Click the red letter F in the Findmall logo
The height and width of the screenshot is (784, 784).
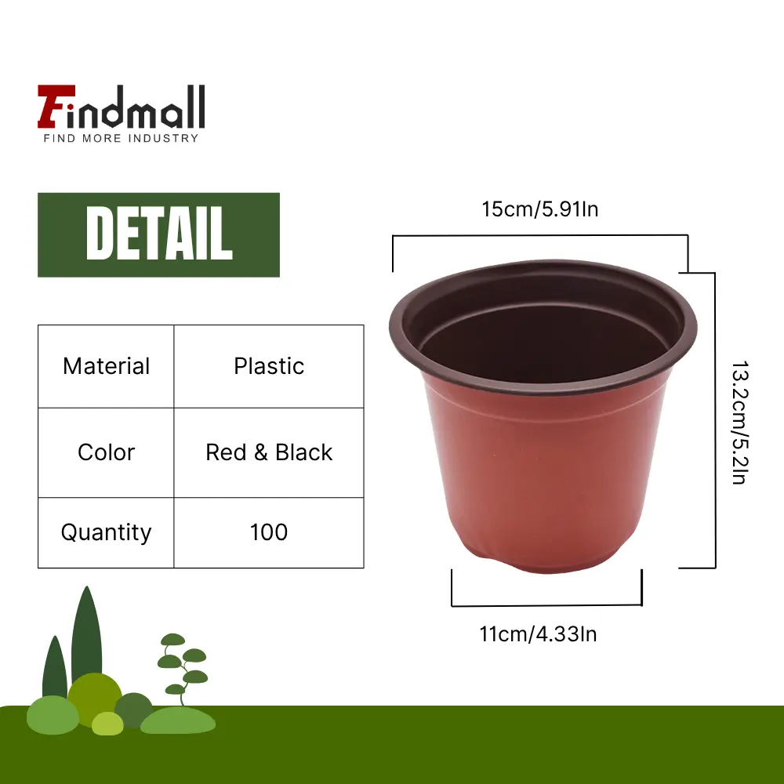56,107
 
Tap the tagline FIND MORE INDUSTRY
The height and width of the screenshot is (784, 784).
121,139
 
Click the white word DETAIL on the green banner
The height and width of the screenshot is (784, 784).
159,234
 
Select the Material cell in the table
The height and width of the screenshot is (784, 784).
106,366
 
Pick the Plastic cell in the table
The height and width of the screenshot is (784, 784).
269,366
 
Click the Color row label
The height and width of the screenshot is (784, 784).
106,452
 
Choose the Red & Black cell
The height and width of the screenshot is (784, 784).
269,452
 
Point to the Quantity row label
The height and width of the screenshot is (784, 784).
106,532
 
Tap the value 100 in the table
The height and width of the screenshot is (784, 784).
269,532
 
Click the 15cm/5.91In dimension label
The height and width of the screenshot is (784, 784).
540,209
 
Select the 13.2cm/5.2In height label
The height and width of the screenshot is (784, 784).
739,423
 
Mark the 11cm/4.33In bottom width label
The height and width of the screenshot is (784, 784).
538,634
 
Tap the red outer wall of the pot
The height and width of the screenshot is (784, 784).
545,475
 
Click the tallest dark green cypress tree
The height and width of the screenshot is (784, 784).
86,635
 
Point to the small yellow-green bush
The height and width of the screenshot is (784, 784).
107,724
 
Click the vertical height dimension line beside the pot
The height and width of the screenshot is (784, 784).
715,420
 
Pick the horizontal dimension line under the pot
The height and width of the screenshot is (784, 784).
546,605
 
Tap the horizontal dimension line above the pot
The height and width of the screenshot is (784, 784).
540,235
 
